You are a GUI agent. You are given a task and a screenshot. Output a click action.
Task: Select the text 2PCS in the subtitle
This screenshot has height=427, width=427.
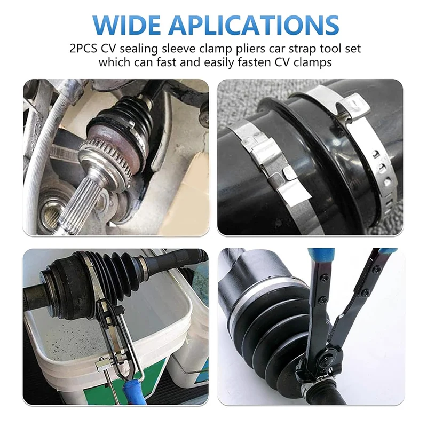click(83, 49)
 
